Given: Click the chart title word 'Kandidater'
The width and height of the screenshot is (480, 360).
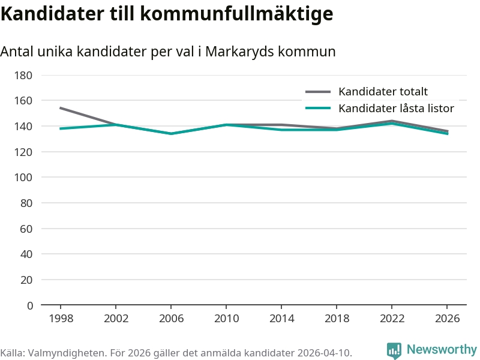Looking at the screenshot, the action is coord(52,14).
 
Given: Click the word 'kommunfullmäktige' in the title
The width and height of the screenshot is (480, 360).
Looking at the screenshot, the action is coord(236,14).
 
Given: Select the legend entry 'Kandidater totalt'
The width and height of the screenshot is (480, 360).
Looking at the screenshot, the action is coord(383,92).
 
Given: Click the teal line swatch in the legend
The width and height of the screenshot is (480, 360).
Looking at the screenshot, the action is coord(318,108).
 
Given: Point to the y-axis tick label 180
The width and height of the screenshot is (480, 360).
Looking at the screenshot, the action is coord(23,76).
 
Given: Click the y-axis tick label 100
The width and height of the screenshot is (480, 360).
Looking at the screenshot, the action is coord(23,177).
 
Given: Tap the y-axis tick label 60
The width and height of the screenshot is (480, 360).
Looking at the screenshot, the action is coord(26,229).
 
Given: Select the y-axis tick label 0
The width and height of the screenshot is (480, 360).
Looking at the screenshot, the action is coord(30,305).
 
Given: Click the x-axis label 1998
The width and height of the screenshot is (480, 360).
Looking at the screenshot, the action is coord(61,319).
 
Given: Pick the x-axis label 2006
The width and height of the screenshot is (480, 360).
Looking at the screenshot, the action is coord(171,319).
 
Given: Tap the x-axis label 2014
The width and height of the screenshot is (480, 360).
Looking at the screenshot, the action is coord(281,319).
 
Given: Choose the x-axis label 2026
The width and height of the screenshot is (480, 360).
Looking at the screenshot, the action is coord(447,319).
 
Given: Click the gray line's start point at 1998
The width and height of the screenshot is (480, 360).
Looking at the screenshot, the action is coord(61,108).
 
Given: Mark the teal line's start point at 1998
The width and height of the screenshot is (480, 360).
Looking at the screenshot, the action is coord(61,128).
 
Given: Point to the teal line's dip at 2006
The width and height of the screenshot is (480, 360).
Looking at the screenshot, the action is coord(171,134).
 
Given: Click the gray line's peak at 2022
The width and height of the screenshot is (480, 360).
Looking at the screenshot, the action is coord(392,121).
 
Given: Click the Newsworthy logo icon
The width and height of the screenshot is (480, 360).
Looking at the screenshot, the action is coord(394,350).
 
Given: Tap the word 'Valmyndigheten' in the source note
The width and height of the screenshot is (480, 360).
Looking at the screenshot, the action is coord(66,353).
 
